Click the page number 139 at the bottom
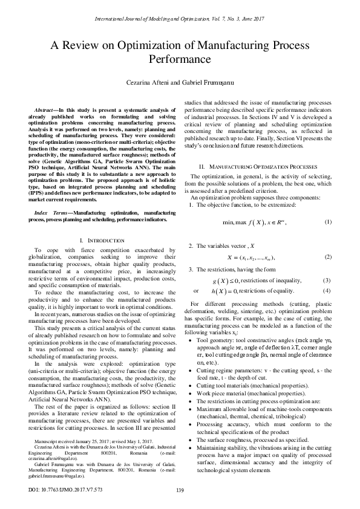[180, 489]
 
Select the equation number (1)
[327, 222]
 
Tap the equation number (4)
[327, 291]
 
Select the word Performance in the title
[180, 60]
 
